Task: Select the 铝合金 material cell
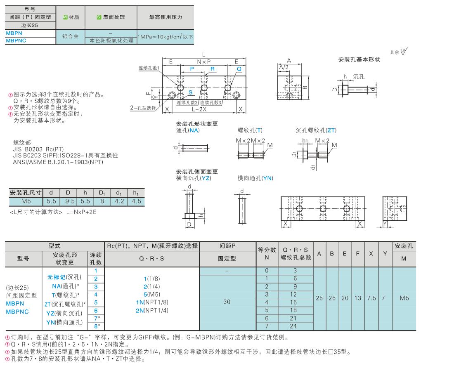[71, 37]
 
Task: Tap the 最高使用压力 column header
[166, 17]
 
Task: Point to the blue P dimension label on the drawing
[192, 69]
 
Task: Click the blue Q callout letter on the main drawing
[239, 69]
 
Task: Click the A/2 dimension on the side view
[284, 67]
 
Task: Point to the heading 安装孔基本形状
[359, 59]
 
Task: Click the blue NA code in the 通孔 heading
[194, 130]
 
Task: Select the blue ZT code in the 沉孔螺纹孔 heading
[331, 130]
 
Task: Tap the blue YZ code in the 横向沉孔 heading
[205, 178]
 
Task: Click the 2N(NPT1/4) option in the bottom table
[152, 310]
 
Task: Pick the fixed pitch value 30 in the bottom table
[227, 302]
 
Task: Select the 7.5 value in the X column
[371, 298]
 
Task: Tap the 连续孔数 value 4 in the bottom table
[96, 295]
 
